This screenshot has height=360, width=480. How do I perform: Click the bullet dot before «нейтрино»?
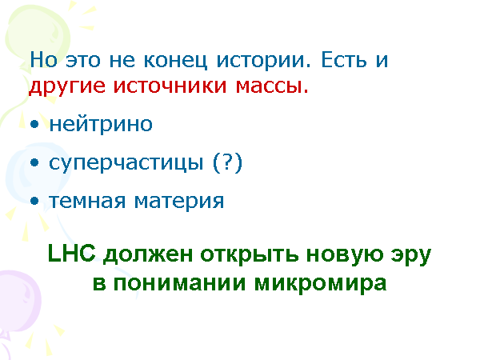(34, 126)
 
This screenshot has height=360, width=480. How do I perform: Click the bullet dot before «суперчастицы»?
(34, 165)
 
